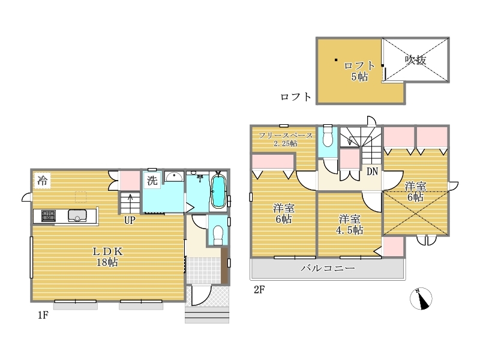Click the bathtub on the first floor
tap(218, 191)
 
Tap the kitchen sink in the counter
tap(77, 215)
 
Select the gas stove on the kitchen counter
tap(49, 216)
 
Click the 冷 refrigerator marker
tap(42, 181)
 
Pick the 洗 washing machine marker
tap(152, 181)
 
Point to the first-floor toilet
tap(218, 235)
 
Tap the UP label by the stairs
tap(130, 220)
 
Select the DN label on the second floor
tap(372, 172)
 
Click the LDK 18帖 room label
tap(107, 257)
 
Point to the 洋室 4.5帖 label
tap(350, 224)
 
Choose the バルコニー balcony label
tap(328, 268)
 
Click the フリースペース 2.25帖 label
tap(286, 139)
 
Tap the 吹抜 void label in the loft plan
tap(415, 59)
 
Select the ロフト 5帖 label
tap(359, 71)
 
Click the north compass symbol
tap(421, 298)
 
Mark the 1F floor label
tap(43, 314)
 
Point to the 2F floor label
tap(259, 289)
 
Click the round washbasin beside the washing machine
tap(174, 176)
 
